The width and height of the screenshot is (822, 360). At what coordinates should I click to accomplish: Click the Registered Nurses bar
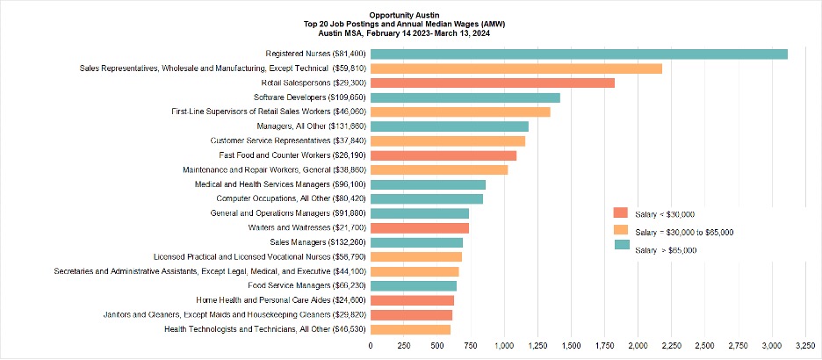(579, 54)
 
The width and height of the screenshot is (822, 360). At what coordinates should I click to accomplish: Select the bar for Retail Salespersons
(493, 83)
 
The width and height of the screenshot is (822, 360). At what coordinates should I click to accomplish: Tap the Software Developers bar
(465, 97)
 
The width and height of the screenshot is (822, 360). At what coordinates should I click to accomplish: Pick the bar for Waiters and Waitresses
(420, 228)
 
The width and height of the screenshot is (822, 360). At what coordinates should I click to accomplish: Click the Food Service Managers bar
(413, 285)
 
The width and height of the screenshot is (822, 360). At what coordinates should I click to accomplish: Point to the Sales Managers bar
(416, 242)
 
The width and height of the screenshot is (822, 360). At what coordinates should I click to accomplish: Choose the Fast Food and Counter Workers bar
(443, 155)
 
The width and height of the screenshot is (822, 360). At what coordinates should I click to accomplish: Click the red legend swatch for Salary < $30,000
(620, 212)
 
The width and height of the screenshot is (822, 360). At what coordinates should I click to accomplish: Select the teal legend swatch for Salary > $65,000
(620, 245)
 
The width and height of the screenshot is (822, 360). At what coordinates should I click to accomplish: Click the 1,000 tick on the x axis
(504, 346)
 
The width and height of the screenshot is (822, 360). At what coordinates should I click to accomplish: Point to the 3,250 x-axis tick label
(804, 346)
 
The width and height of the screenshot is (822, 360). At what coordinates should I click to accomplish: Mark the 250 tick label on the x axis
(403, 346)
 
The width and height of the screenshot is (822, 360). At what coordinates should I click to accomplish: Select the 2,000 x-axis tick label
(638, 346)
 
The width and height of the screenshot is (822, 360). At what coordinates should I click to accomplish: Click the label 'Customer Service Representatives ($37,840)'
(288, 141)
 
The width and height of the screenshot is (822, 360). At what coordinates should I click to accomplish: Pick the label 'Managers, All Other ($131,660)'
(312, 126)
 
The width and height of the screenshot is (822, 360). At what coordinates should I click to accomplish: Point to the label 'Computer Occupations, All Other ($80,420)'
(291, 199)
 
